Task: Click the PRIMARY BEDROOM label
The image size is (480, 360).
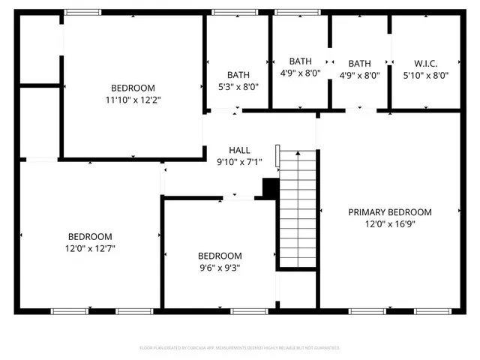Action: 390,212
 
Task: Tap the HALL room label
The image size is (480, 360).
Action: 239,149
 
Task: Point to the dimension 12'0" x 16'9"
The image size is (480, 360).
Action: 390,223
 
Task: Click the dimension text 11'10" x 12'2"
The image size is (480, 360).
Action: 133,98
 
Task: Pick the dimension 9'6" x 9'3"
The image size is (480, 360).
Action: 220,267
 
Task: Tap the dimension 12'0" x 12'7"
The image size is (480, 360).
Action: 90,247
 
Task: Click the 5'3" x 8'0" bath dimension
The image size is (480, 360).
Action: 238,86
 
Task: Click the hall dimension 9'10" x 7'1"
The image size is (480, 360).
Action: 239,160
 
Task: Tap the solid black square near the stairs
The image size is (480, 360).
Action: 270,188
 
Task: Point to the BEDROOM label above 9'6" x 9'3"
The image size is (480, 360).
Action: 220,256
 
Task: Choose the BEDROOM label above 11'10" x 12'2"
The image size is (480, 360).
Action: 133,87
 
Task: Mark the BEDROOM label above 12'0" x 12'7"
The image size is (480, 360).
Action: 90,236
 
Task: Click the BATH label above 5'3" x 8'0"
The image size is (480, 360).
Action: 238,74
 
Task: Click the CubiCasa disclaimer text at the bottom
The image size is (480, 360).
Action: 240,348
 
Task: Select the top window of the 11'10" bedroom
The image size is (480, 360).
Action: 82,12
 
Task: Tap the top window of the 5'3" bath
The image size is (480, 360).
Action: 224,12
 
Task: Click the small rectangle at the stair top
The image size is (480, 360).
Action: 277,156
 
